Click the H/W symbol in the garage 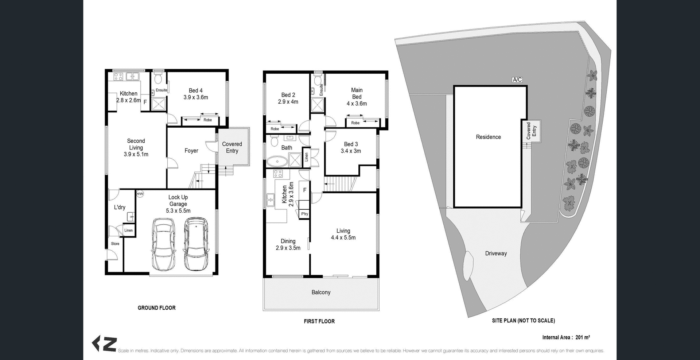[x=140, y=194]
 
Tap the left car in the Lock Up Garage [x=163, y=244]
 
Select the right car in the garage [x=196, y=244]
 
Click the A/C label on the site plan [x=517, y=80]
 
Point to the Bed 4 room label [x=196, y=90]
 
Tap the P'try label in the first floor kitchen [x=304, y=214]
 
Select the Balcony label [x=321, y=292]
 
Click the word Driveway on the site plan [x=496, y=253]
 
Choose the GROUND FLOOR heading [x=156, y=308]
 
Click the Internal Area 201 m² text [x=566, y=337]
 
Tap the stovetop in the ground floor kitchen [x=118, y=77]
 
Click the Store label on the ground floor [x=115, y=244]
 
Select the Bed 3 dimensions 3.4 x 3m [x=351, y=151]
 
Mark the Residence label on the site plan [x=488, y=137]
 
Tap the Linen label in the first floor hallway [x=306, y=157]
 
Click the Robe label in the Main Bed [x=355, y=123]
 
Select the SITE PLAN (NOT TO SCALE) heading [x=523, y=321]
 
